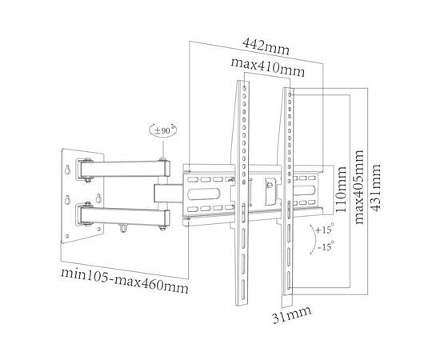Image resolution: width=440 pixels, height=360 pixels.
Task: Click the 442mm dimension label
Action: (266, 46)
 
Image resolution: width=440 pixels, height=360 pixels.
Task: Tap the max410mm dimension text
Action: (267, 68)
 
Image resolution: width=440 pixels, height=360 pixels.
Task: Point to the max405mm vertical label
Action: (359, 187)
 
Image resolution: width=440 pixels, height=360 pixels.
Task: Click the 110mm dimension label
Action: (342, 190)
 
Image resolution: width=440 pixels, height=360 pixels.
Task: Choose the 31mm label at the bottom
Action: (292, 315)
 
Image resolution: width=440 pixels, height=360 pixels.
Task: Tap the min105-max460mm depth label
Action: (125, 280)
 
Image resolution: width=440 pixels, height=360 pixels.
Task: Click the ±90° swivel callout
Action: (162, 130)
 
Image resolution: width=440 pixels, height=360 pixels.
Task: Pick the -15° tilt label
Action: (326, 246)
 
